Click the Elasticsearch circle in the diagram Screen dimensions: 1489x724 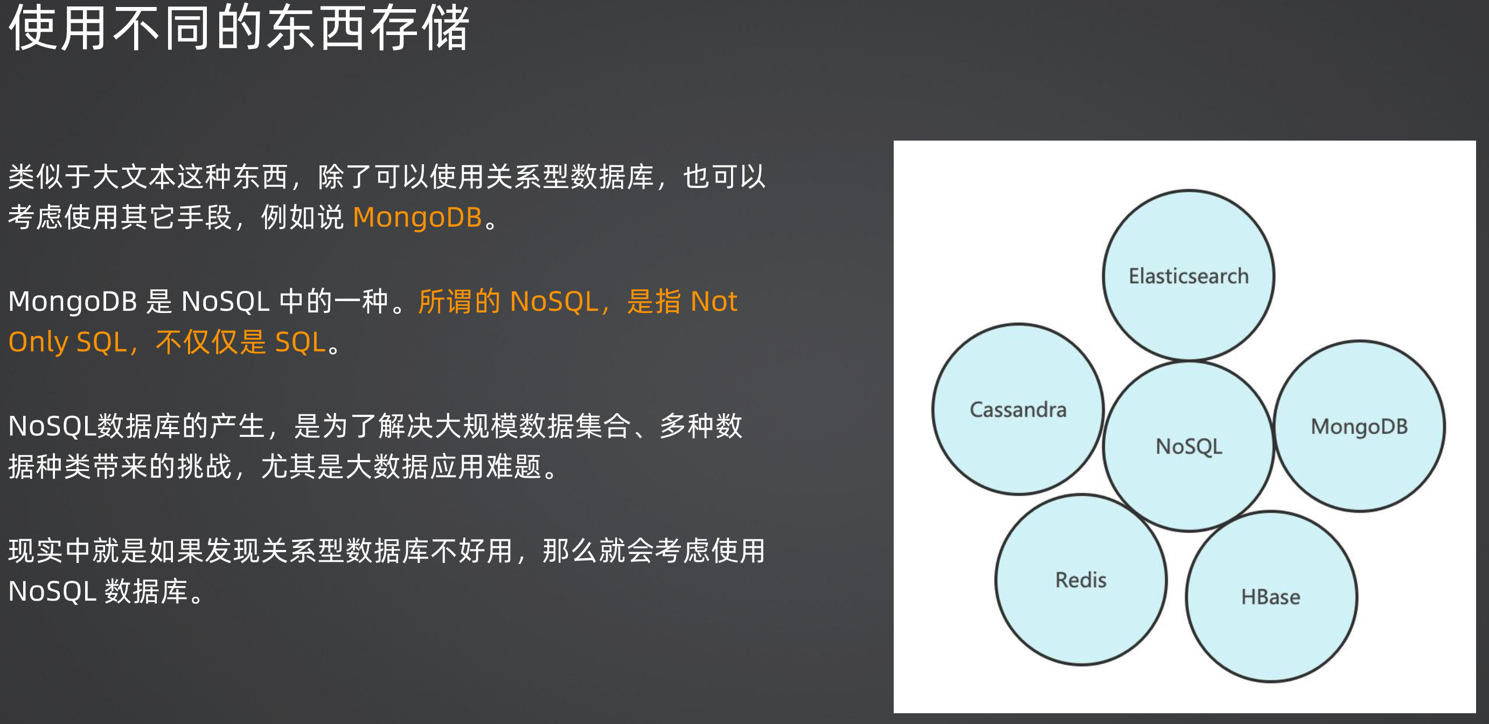(1188, 275)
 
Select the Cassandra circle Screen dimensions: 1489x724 (1018, 409)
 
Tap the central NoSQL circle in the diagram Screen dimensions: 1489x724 (1188, 445)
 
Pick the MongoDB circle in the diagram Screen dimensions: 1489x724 (1359, 427)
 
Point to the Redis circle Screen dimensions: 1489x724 (1081, 580)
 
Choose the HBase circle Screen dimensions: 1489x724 (1270, 597)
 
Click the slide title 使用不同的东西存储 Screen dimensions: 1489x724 (239, 27)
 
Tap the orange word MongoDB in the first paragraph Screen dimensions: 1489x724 (418, 217)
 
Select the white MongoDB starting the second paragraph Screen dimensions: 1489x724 (73, 301)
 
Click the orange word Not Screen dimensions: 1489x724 (714, 301)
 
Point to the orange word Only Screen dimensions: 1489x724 (38, 342)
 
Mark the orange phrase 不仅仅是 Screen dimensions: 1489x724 (211, 342)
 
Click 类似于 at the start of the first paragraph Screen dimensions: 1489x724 (50, 176)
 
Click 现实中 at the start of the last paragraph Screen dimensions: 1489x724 (50, 551)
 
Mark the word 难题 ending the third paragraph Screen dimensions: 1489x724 (513, 467)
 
